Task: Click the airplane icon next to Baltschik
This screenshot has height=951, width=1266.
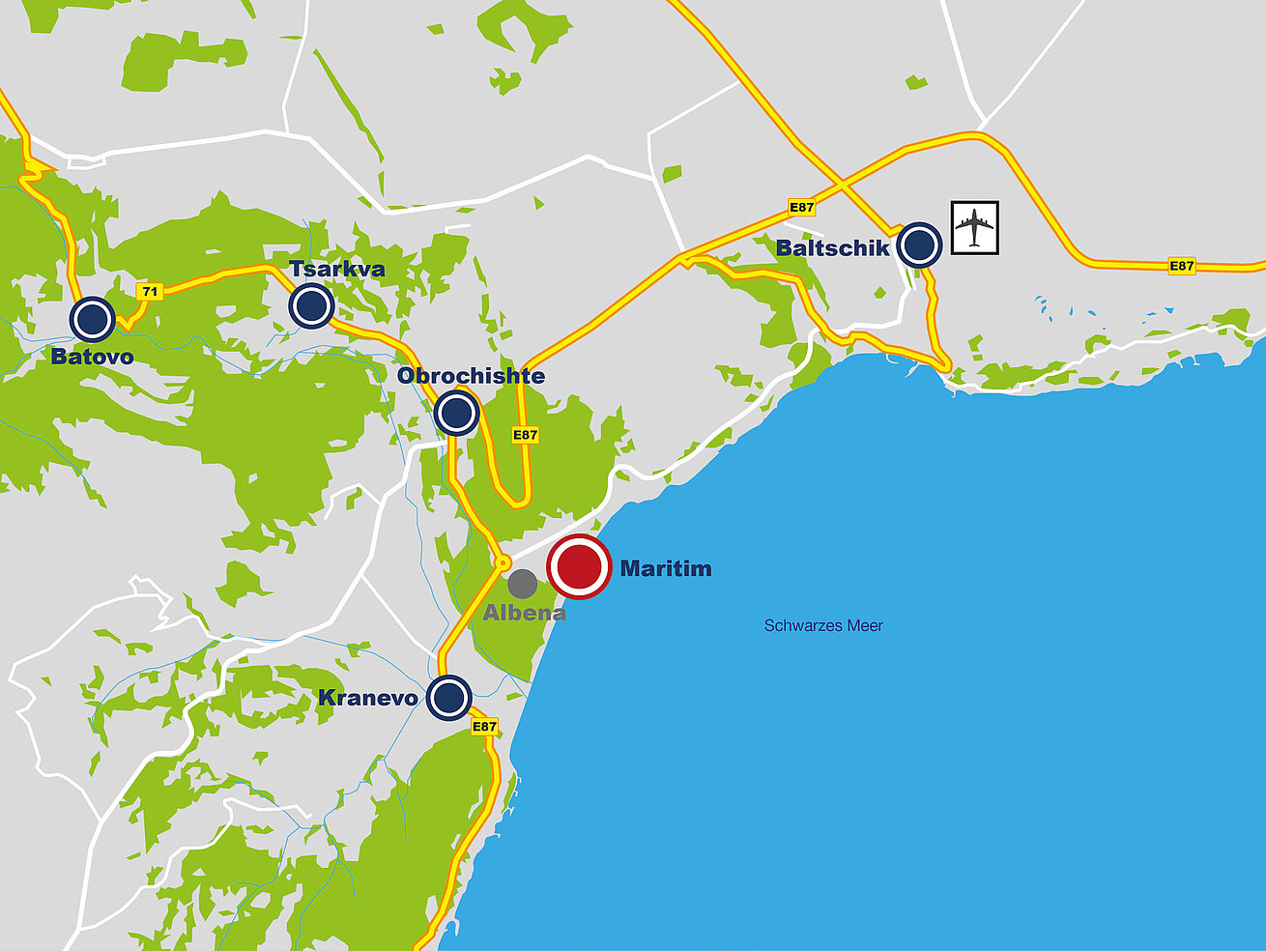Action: pyautogui.click(x=974, y=228)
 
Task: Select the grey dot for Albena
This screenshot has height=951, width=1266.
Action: pyautogui.click(x=523, y=583)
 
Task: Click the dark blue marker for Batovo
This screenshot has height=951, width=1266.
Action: pyautogui.click(x=93, y=319)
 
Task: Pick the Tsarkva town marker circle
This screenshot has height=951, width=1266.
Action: pyautogui.click(x=311, y=306)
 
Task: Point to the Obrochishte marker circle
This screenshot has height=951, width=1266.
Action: pyautogui.click(x=456, y=413)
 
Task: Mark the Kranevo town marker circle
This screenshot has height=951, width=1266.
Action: pyautogui.click(x=448, y=698)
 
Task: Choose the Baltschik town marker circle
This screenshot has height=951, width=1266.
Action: pyautogui.click(x=919, y=245)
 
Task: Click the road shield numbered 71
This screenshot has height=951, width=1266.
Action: pyautogui.click(x=149, y=291)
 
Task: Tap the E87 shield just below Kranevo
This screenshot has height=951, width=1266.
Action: pyautogui.click(x=484, y=727)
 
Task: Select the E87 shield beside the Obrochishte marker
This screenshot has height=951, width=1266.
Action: pyautogui.click(x=525, y=435)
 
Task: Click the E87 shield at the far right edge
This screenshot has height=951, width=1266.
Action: pyautogui.click(x=1181, y=266)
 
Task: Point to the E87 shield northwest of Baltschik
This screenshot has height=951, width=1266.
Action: pyautogui.click(x=801, y=208)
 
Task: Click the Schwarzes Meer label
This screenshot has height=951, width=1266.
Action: pyautogui.click(x=823, y=625)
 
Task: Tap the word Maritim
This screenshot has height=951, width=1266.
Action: pyautogui.click(x=666, y=568)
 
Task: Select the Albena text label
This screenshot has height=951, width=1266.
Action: pyautogui.click(x=524, y=613)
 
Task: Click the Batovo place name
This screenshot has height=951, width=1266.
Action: pyautogui.click(x=93, y=357)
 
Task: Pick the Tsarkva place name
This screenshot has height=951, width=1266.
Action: pyautogui.click(x=337, y=269)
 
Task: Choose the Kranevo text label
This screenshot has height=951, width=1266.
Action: pyautogui.click(x=368, y=698)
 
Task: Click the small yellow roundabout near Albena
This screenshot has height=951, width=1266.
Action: pyautogui.click(x=503, y=562)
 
